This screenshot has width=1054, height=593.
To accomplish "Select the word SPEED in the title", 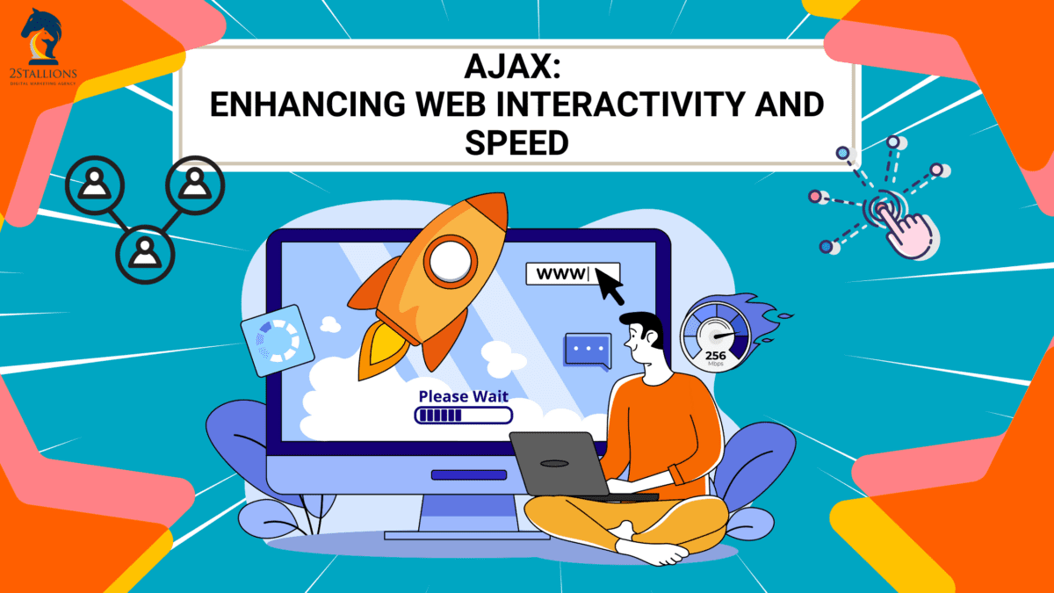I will (x=516, y=142).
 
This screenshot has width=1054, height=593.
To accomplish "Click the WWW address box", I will (x=572, y=273).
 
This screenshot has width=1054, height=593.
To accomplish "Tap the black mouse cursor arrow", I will (x=609, y=284).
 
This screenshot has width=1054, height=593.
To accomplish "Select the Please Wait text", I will (x=463, y=396).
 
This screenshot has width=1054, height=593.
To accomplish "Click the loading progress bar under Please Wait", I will (x=463, y=416).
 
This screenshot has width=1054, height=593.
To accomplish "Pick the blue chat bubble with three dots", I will (x=587, y=350).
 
